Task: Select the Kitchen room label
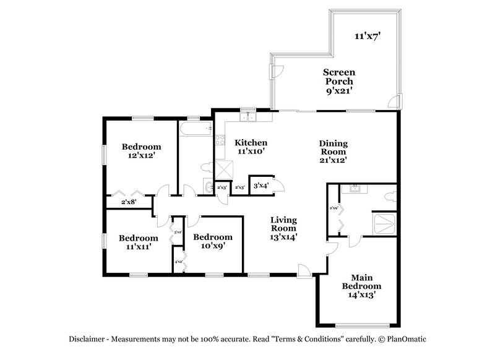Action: [251, 147]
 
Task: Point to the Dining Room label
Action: [332, 151]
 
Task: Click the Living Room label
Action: [285, 228]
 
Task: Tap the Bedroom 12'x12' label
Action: [141, 151]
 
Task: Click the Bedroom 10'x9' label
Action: [213, 241]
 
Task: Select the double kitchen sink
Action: [248, 116]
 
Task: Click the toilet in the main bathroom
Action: [390, 196]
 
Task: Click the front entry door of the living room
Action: [303, 270]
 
